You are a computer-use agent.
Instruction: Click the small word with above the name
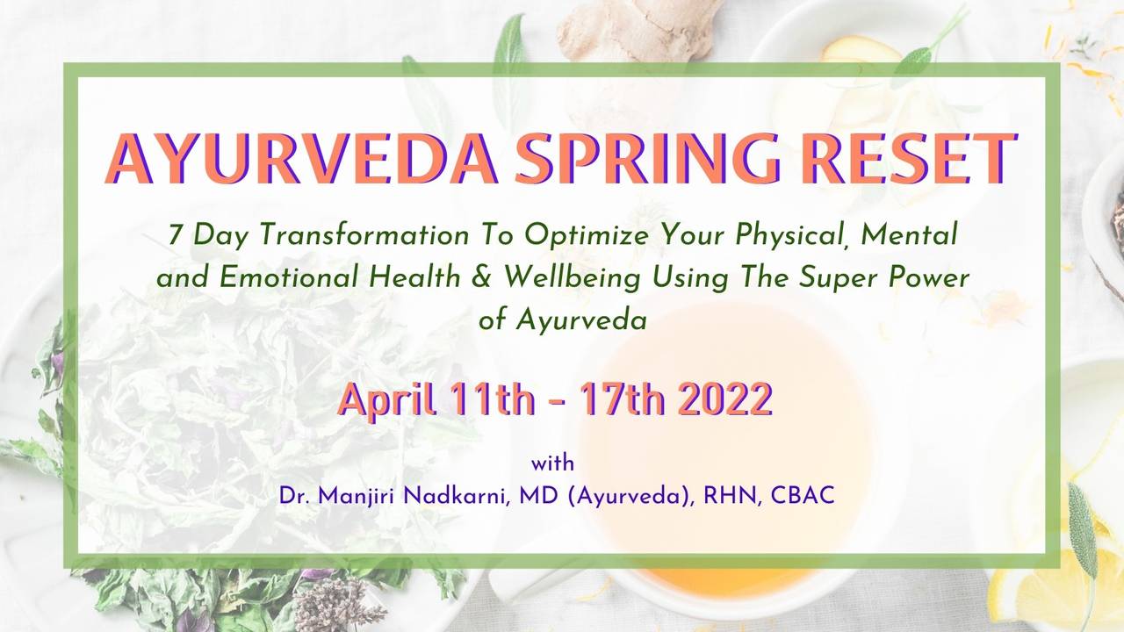point(552,463)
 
